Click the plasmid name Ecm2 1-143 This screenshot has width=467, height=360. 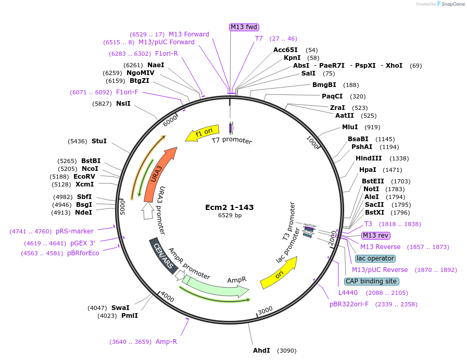[x=230, y=207]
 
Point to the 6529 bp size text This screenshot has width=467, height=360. [x=230, y=215]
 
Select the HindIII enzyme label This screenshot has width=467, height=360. [x=369, y=158]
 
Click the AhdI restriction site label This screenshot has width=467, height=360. [x=261, y=350]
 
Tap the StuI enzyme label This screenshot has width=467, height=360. [x=99, y=141]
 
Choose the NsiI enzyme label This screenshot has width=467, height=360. [x=123, y=104]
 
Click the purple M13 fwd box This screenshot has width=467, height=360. [x=244, y=27]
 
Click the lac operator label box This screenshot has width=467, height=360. [x=375, y=258]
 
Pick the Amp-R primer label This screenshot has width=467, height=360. [x=166, y=342]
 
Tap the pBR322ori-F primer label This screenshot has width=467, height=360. [x=349, y=304]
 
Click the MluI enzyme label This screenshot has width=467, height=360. [x=350, y=127]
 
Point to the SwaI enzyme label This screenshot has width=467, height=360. [x=120, y=308]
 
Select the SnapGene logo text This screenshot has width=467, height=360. [x=451, y=4]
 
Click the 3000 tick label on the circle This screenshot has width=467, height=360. [x=265, y=311]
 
